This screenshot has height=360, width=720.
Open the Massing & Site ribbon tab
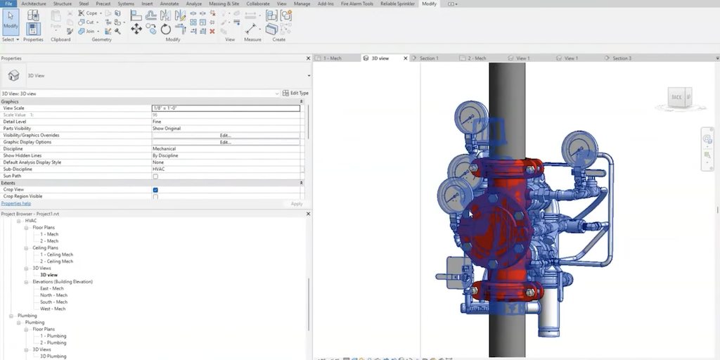[223, 4]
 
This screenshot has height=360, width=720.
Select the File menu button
[8, 4]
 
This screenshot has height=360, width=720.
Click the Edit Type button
[295, 93]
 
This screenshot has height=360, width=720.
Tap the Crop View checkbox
[155, 190]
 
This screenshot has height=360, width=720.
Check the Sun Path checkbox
[155, 176]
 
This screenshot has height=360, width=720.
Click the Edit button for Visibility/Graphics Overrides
[225, 135]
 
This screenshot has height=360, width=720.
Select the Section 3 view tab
[622, 58]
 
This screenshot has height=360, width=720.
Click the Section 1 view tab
[429, 58]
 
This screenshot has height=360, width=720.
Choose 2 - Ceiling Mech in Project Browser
[56, 262]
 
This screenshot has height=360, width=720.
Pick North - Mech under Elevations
[53, 295]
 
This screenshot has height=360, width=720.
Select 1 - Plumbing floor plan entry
[53, 336]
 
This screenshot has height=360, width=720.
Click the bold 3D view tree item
[49, 275]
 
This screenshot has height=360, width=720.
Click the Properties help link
[16, 203]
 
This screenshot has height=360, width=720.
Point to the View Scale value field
[225, 108]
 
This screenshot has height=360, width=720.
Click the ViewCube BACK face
[676, 98]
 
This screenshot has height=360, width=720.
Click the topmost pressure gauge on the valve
[470, 118]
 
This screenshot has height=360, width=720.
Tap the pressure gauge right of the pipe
[579, 148]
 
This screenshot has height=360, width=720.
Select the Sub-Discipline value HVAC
[225, 169]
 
